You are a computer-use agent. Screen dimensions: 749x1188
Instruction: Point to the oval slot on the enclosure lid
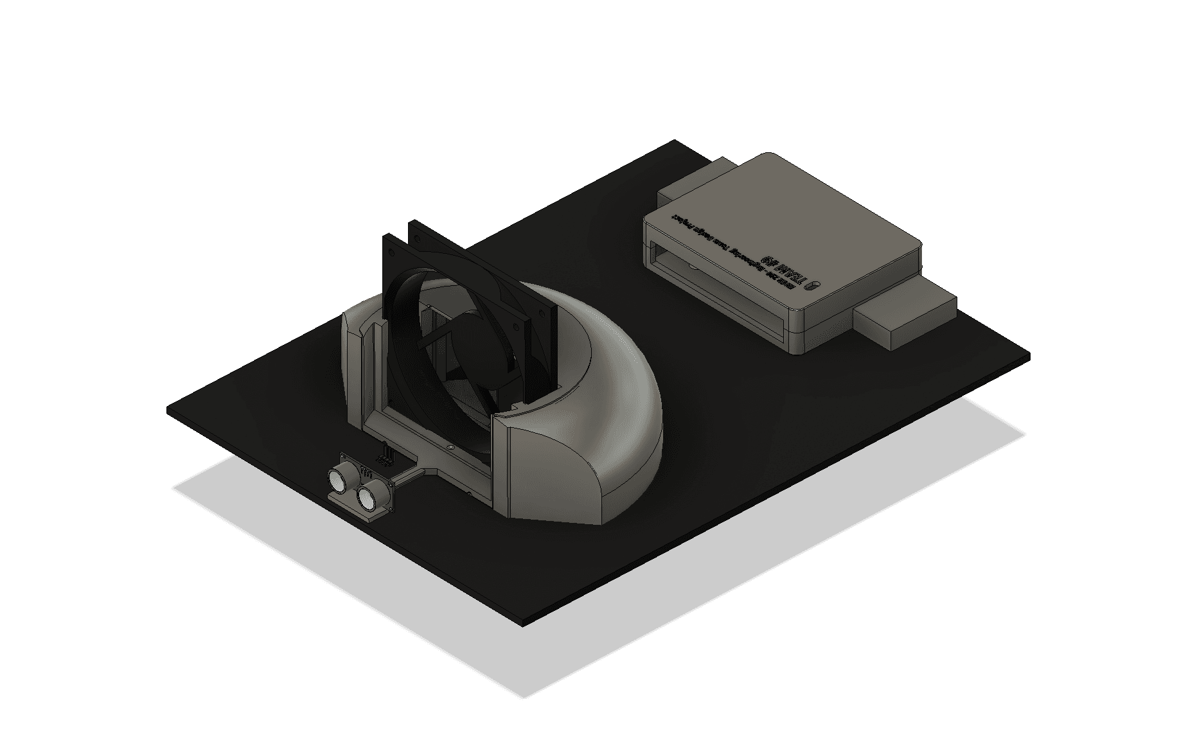point(817,286)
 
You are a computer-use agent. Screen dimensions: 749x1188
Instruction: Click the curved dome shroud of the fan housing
point(610,411)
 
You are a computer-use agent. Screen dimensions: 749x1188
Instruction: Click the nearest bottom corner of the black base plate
point(524,624)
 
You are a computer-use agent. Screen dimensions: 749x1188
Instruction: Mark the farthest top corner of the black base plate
point(675,141)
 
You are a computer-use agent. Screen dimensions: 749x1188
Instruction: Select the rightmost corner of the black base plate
point(1029,355)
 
